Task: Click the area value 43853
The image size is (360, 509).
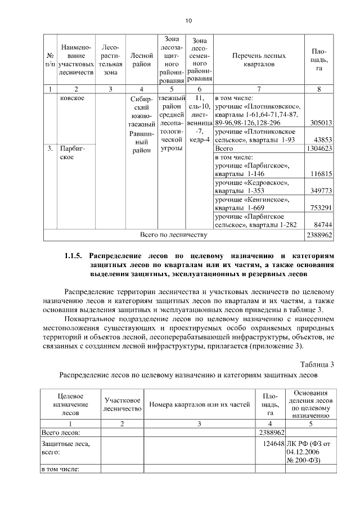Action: tap(323, 139)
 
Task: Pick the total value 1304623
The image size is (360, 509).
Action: tap(319, 148)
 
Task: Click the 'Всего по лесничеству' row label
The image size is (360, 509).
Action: tap(174, 235)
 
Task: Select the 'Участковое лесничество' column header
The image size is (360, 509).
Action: tap(122, 404)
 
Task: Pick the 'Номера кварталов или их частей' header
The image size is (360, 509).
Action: tap(199, 405)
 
